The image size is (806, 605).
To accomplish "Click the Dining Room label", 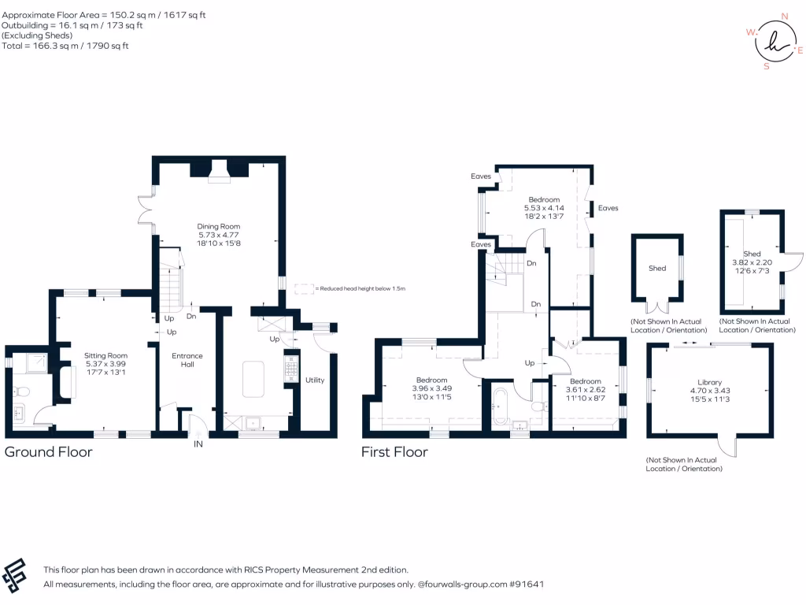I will [x=218, y=227].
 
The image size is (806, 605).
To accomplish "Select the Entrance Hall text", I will [x=187, y=360].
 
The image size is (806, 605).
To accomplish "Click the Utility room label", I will [x=315, y=380].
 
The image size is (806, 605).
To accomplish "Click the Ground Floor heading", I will [x=49, y=452].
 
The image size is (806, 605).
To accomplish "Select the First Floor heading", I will [x=394, y=452].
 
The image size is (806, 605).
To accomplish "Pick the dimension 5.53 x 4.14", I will [x=544, y=208].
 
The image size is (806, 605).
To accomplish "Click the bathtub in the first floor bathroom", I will [x=500, y=406].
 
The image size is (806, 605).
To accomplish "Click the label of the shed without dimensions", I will [x=657, y=269].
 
